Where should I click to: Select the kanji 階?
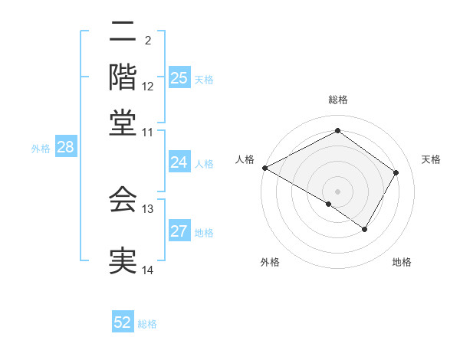pyautogui.click(x=123, y=77)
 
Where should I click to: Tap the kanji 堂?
pyautogui.click(x=123, y=122)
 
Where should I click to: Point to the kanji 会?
pyautogui.click(x=123, y=199)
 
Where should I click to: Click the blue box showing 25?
pyautogui.click(x=179, y=78)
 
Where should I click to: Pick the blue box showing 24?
pyautogui.click(x=179, y=162)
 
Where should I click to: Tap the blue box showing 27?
pyautogui.click(x=179, y=232)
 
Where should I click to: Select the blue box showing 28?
pyautogui.click(x=65, y=148)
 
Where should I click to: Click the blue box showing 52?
pyautogui.click(x=123, y=322)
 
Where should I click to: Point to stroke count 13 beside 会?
pyautogui.click(x=148, y=208)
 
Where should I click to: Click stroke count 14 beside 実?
pyautogui.click(x=148, y=270)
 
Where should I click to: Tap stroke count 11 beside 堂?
pyautogui.click(x=148, y=133)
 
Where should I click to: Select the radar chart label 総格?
pyautogui.click(x=337, y=100)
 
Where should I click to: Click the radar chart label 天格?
pyautogui.click(x=431, y=159)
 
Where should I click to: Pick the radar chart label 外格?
pyautogui.click(x=270, y=262)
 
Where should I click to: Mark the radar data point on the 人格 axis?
pyautogui.click(x=264, y=168)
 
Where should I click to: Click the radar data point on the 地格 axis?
pyautogui.click(x=365, y=229)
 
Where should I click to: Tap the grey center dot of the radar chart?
pyautogui.click(x=337, y=191)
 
